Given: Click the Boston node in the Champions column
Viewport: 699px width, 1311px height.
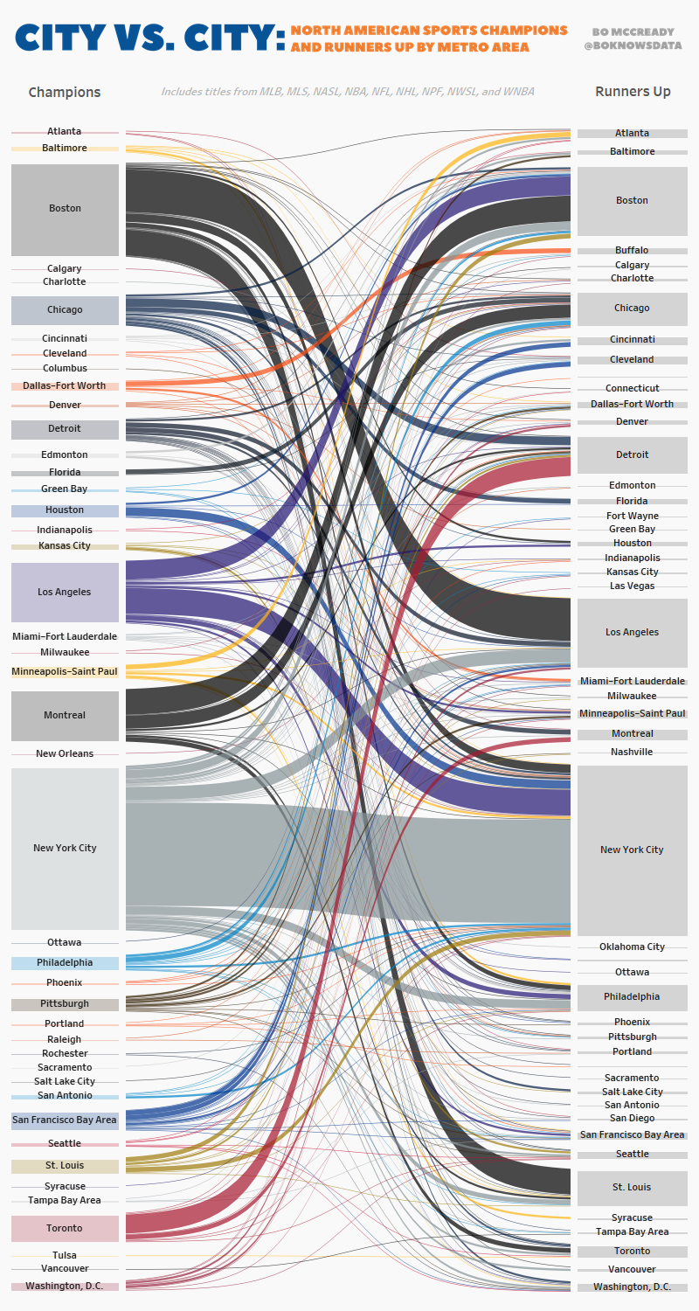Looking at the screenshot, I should point(65,209).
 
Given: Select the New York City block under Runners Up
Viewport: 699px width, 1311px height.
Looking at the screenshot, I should point(632,850).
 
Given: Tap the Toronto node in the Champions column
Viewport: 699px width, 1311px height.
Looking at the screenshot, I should point(65,1228).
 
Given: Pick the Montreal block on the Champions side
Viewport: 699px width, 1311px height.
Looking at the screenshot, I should point(65,715).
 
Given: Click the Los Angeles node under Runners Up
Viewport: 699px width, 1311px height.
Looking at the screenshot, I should point(632,632).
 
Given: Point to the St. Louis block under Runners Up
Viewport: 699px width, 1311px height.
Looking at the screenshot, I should point(632,1187).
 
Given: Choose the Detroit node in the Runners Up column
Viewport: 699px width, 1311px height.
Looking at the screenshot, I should point(632,454).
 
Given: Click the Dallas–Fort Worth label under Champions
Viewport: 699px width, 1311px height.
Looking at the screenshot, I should point(65,385).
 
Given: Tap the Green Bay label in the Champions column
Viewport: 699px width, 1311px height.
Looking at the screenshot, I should point(65,489).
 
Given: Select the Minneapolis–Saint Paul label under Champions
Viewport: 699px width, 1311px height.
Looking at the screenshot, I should point(65,671).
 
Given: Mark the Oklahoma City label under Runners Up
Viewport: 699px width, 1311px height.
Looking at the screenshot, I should point(632,947).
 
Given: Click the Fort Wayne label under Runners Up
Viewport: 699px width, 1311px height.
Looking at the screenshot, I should point(632,516).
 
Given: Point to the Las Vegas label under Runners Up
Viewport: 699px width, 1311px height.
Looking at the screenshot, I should point(632,586).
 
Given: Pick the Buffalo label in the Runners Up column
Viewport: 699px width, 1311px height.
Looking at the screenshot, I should point(632,250).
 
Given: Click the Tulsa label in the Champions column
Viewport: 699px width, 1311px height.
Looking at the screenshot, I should point(65,1255).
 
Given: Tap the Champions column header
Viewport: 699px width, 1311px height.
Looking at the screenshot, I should point(65,92).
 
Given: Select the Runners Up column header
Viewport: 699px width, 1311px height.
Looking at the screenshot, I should point(632,91).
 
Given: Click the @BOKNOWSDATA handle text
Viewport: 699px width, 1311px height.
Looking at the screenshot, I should point(632,45).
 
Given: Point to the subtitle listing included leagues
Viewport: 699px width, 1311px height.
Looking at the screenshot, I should point(348,91).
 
